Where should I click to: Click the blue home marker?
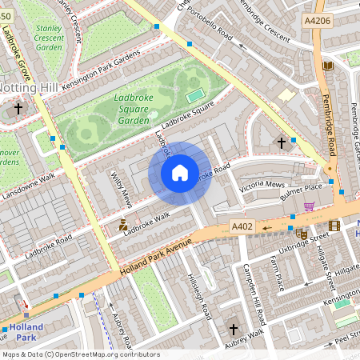point(180,173)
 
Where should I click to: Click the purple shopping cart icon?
point(309,206)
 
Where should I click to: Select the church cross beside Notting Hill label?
point(18,108)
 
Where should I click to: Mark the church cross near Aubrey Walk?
point(234,329)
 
